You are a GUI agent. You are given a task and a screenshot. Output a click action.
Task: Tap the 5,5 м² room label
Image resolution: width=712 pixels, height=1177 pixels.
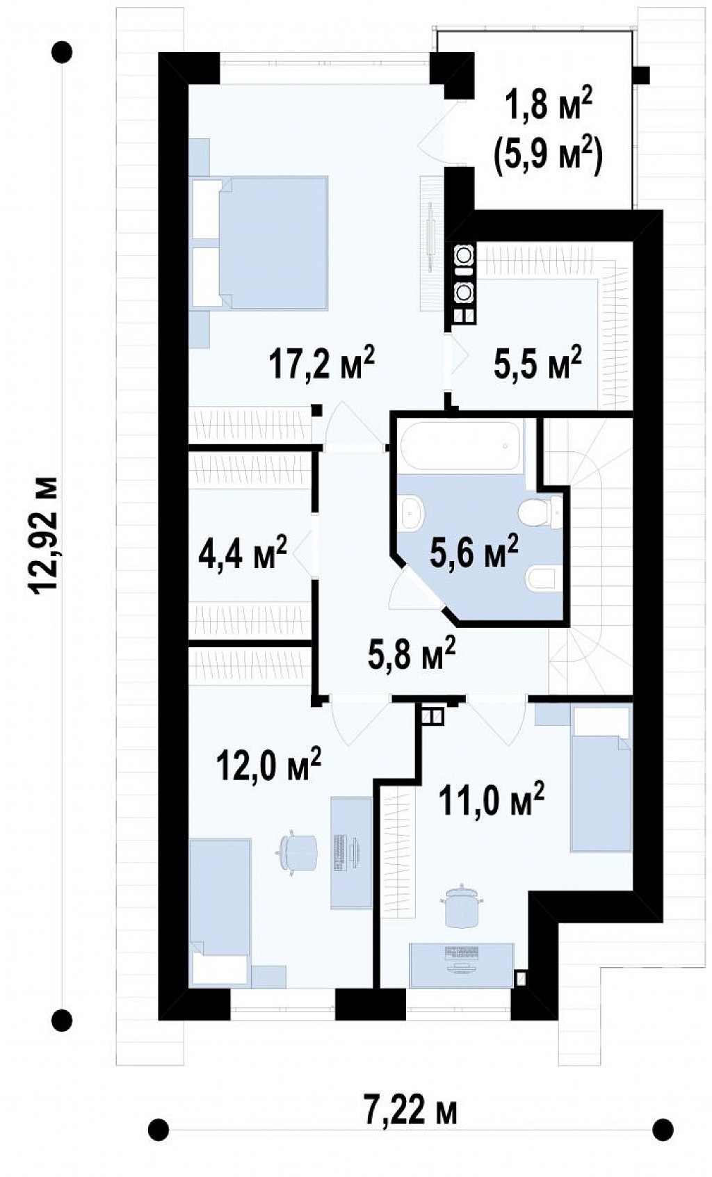point(537,362)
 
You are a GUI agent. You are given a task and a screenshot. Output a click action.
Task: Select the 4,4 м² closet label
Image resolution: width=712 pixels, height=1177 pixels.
point(242,552)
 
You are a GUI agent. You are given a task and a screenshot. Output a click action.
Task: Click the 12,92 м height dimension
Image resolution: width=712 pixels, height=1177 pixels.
point(44,535)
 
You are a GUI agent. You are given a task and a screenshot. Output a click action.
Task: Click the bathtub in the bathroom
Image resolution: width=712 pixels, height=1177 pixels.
point(460,446)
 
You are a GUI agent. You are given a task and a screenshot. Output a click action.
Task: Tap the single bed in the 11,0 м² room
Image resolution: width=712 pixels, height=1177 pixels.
point(601,778)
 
